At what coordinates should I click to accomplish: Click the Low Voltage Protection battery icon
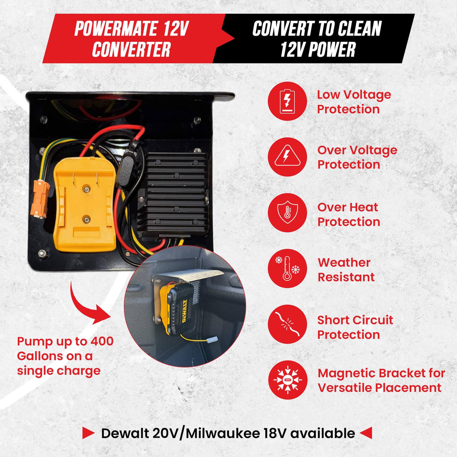[x=287, y=101]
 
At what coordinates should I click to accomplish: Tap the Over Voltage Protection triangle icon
[x=287, y=157]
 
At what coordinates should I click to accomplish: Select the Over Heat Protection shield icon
[x=287, y=213]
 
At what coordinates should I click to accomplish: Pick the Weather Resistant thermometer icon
[x=287, y=269]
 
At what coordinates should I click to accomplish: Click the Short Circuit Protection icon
[x=287, y=324]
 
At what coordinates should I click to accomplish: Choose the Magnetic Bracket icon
[x=287, y=380]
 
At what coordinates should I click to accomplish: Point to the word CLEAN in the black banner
[x=360, y=29]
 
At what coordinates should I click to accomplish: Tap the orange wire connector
[x=40, y=199]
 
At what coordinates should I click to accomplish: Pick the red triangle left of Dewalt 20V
[x=88, y=433]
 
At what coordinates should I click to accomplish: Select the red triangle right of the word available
[x=366, y=433]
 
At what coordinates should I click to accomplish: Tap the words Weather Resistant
[x=346, y=270]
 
